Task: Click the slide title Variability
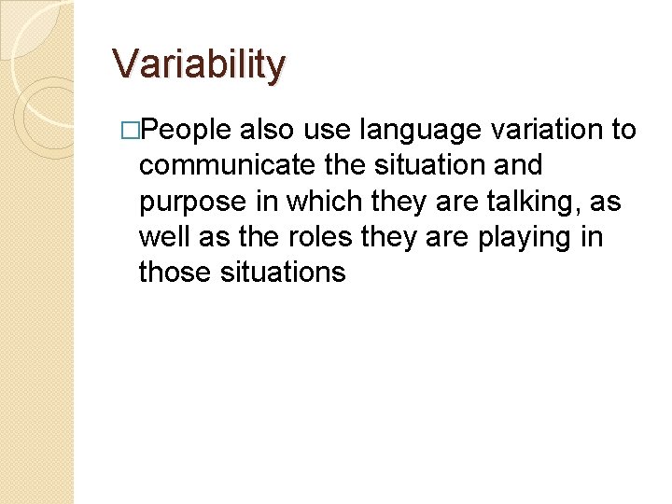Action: pyautogui.click(x=199, y=64)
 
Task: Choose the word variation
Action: pyautogui.click(x=551, y=131)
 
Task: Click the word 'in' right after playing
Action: pyautogui.click(x=592, y=237)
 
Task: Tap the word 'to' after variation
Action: pyautogui.click(x=623, y=131)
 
